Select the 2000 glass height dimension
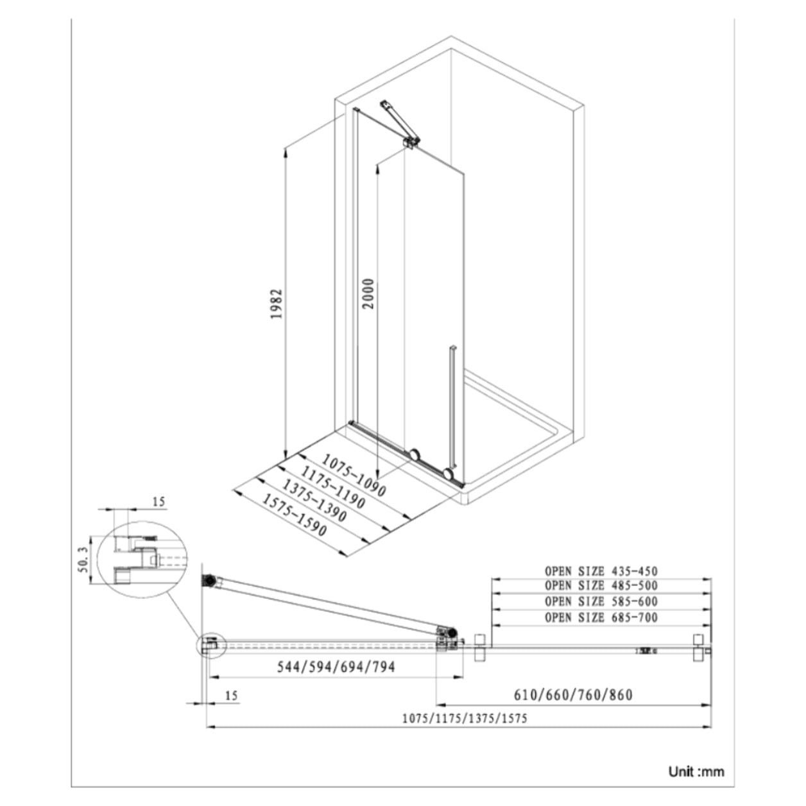[368, 294]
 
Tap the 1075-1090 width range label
[354, 476]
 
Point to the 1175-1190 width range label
[333, 488]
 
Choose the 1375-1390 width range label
[314, 501]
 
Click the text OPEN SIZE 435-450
[601, 570]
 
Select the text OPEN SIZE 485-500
[601, 585]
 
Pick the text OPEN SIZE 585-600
[601, 601]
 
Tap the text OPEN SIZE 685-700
[601, 617]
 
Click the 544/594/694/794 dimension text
[336, 667]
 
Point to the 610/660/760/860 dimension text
[573, 695]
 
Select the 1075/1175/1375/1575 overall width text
[464, 718]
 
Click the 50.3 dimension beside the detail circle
[82, 560]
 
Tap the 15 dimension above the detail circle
[159, 501]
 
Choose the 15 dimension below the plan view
[232, 695]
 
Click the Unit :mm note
[696, 771]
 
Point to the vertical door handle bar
[453, 406]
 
